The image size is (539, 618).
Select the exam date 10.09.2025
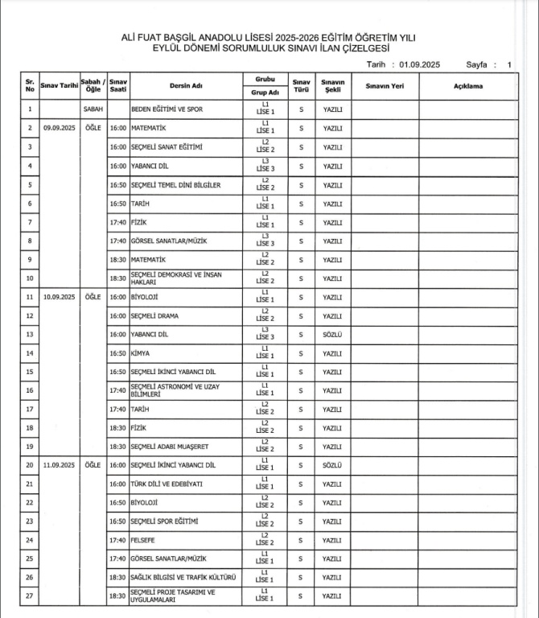click(x=58, y=297)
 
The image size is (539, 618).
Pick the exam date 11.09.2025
click(x=58, y=465)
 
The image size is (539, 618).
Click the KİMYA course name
click(x=142, y=353)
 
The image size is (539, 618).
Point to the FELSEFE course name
click(x=146, y=540)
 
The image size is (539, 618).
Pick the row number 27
click(x=30, y=596)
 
